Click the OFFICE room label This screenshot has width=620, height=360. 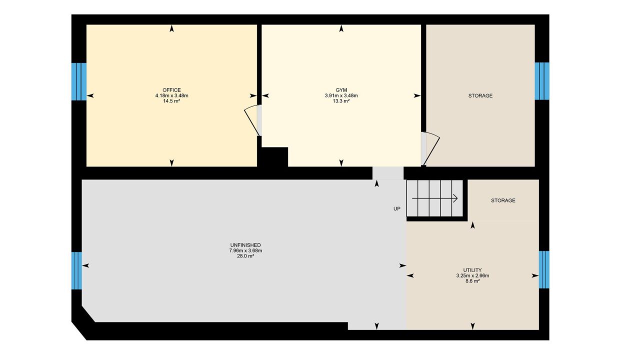point(171,90)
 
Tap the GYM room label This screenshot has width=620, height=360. point(341,90)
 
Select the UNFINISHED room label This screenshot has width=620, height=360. point(245,245)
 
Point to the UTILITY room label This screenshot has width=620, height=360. point(472,270)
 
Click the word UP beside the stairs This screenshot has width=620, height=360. point(397,209)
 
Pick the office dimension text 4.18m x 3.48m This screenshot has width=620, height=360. point(171,95)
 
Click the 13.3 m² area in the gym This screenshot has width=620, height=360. point(341,101)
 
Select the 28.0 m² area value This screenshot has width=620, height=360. point(245,256)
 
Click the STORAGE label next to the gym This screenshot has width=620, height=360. point(480,95)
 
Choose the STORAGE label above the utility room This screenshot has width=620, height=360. point(503,200)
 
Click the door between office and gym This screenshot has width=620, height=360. point(252,120)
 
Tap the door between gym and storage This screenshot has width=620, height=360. point(430,149)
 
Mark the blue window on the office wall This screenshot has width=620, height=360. point(79,81)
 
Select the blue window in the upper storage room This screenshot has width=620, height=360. point(542,81)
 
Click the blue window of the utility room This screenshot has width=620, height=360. point(544,269)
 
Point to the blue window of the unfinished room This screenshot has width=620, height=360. point(76,270)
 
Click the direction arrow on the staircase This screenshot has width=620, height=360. point(434,198)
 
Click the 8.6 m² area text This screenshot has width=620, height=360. point(472,281)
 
